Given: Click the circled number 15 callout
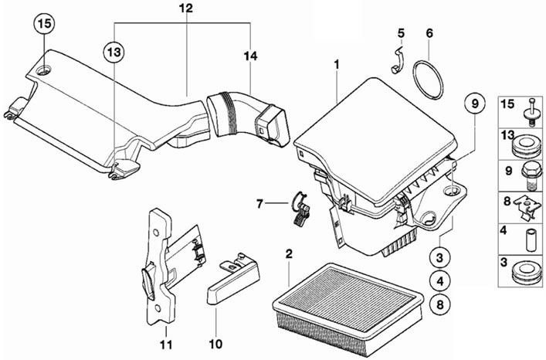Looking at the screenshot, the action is point(44,24).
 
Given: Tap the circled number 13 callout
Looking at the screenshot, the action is point(114,53).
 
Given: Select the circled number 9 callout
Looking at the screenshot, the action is point(475,104).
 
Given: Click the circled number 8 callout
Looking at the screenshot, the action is point(440,304).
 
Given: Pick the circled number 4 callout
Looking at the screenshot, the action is point(440,281).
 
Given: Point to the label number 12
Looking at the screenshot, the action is point(186,8).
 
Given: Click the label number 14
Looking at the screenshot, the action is point(250,56).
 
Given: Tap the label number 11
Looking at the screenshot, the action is point(166,345).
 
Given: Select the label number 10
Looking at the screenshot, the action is point(215,345).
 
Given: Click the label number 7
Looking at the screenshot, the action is point(259,204).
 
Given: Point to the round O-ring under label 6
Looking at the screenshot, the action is point(428,80).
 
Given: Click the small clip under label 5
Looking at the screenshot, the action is point(397,60).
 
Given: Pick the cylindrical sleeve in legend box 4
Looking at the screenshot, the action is point(531,239).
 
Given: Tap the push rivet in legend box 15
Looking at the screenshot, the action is point(533,112).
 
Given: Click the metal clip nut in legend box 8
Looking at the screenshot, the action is point(527,207).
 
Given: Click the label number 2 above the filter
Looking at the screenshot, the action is point(289,254).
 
